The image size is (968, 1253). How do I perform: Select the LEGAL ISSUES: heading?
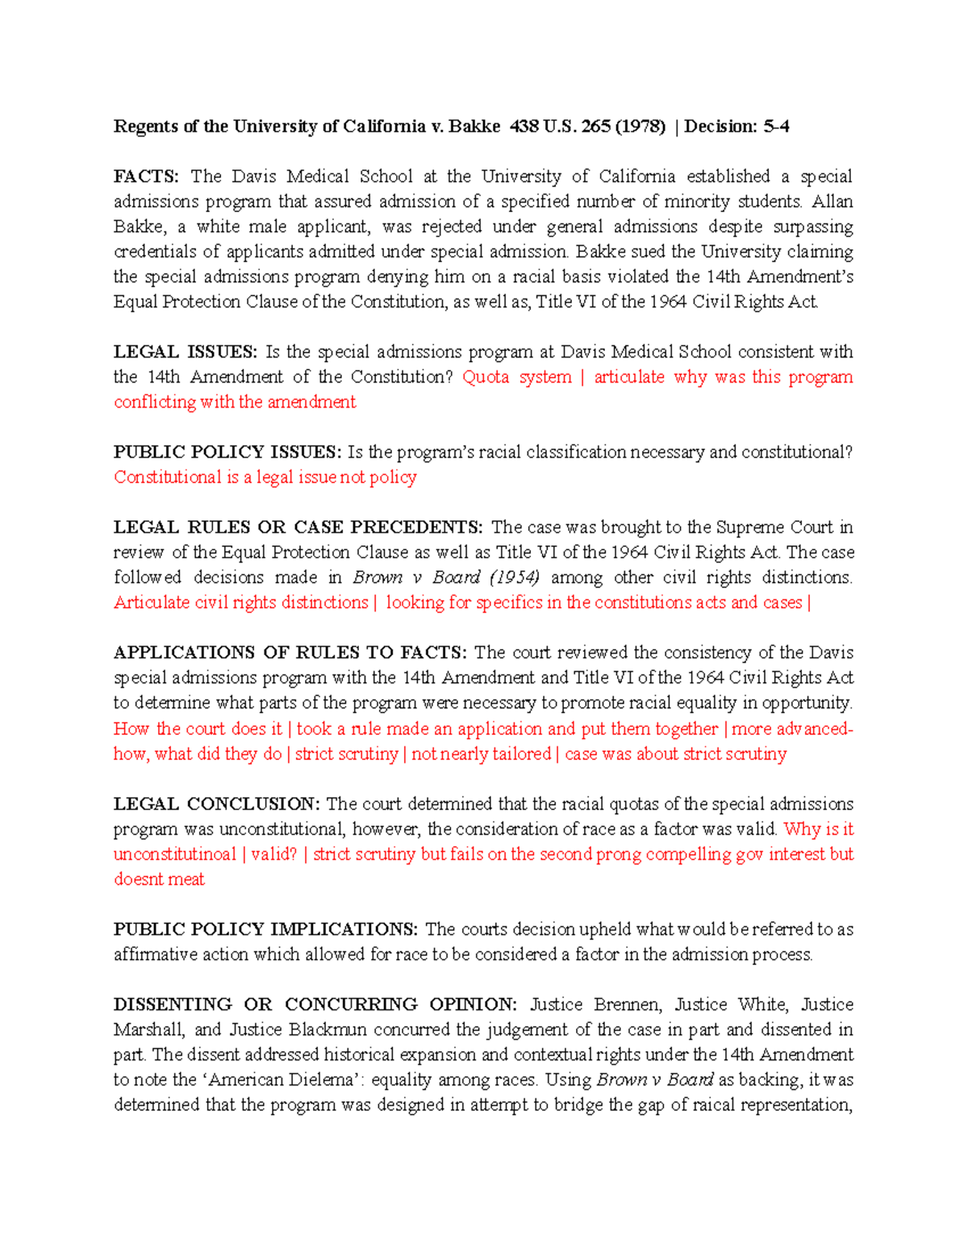(185, 352)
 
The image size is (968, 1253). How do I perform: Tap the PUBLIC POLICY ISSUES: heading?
(227, 452)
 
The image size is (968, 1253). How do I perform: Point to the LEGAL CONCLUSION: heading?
(216, 804)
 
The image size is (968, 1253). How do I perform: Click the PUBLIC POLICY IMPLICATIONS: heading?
(265, 929)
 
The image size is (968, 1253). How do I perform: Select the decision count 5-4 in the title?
(776, 127)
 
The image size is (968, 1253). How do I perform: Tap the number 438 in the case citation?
(524, 127)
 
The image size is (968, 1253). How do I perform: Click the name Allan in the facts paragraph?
(832, 202)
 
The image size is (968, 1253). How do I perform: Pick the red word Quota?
(486, 377)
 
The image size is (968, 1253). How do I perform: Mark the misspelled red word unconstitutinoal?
(175, 854)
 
